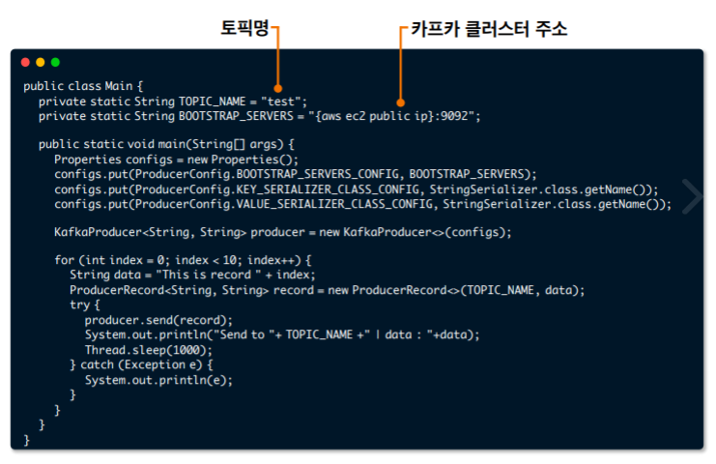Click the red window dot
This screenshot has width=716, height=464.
pyautogui.click(x=25, y=62)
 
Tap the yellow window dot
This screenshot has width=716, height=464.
pyautogui.click(x=40, y=62)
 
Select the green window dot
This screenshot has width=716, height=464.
pyautogui.click(x=55, y=62)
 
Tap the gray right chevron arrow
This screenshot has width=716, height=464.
pyautogui.click(x=692, y=195)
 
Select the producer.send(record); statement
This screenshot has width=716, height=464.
pyautogui.click(x=158, y=320)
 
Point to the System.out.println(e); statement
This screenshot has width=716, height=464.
pyautogui.click(x=158, y=380)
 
